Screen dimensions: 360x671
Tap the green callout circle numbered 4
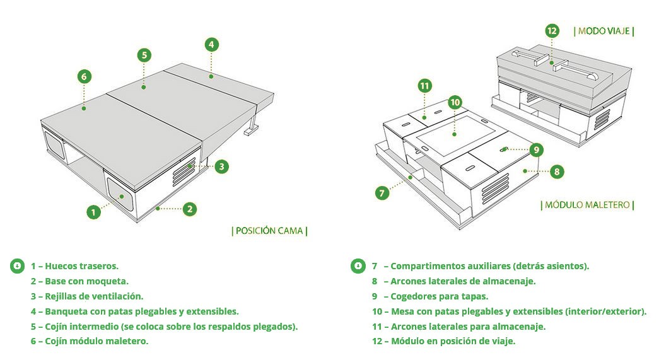point(212,44)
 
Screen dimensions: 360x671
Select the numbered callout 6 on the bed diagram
point(85,76)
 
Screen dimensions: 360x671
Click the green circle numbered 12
point(552,30)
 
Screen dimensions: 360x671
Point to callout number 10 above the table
point(455,102)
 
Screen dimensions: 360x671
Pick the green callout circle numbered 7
point(382,193)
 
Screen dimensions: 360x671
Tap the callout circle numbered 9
point(536,149)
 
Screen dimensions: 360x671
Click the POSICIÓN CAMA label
point(270,231)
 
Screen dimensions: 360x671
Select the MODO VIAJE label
point(604,31)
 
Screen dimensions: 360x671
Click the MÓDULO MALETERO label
point(587,205)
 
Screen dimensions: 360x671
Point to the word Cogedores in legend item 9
point(414,296)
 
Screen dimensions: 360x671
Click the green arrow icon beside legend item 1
point(17,265)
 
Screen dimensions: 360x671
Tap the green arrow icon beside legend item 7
point(358,265)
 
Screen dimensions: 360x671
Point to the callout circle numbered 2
point(190,209)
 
